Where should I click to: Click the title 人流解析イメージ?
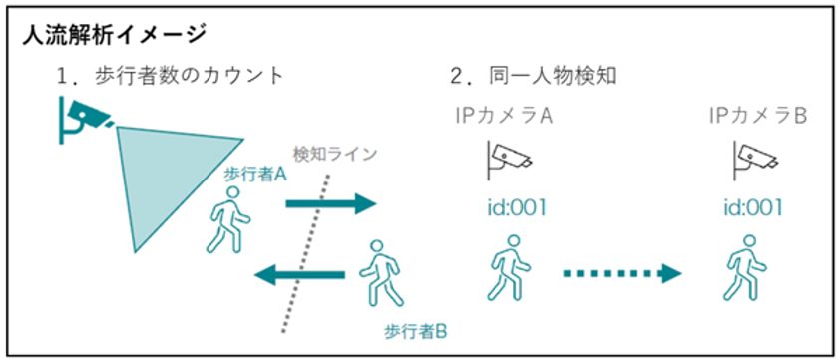tap(114, 35)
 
